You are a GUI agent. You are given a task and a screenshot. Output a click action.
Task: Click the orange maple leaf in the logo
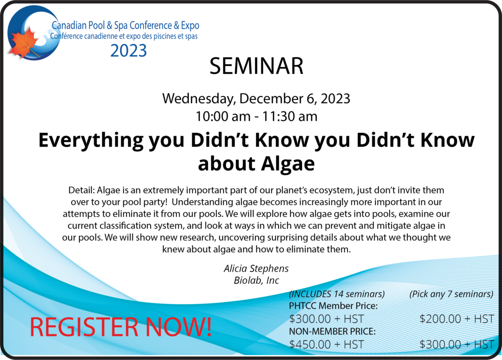(x=24, y=42)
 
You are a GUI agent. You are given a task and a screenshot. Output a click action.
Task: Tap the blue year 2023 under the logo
(x=128, y=50)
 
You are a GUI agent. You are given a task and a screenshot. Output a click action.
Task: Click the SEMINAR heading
(x=256, y=66)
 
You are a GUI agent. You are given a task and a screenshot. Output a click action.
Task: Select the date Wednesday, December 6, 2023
(x=256, y=99)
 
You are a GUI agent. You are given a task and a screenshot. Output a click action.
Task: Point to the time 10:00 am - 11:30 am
(x=256, y=116)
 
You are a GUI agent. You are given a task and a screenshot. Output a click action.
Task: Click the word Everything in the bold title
(x=91, y=141)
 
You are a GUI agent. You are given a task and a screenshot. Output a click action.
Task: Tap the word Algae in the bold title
(x=287, y=164)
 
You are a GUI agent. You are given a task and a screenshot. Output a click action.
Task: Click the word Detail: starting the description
(x=81, y=190)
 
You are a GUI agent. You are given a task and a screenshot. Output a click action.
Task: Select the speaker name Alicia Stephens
(x=256, y=268)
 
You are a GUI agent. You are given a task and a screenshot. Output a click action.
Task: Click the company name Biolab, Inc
(x=256, y=280)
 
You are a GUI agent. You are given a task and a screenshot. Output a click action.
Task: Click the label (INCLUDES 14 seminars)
(x=337, y=294)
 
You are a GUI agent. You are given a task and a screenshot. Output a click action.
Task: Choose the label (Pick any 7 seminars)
(x=452, y=294)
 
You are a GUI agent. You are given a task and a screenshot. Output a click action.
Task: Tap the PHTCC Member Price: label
(x=333, y=306)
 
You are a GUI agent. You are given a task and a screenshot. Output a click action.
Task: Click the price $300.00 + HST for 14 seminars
(x=326, y=319)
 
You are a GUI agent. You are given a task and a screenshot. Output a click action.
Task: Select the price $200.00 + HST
(x=457, y=319)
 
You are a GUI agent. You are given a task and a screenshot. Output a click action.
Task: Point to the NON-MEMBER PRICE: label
(x=332, y=332)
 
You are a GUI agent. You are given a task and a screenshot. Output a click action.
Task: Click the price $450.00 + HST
(x=326, y=345)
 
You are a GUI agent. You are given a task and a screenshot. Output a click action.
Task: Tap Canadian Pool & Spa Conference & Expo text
(x=125, y=25)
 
